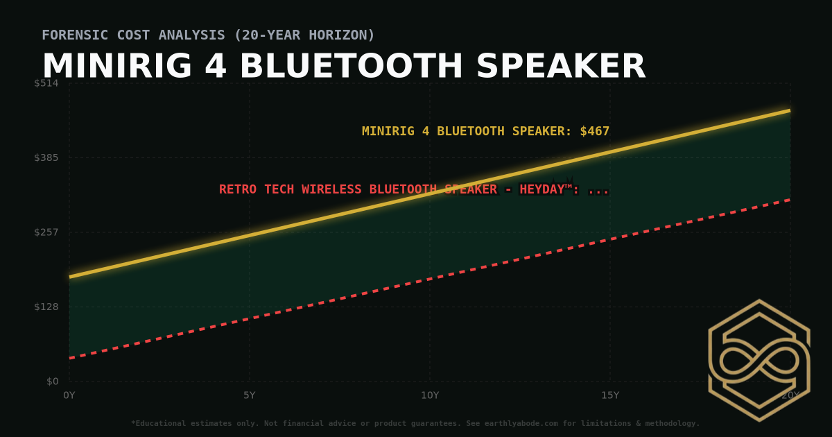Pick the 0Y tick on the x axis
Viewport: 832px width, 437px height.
(x=69, y=395)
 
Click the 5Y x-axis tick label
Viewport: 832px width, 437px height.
(x=250, y=395)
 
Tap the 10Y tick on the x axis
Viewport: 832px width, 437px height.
(x=430, y=395)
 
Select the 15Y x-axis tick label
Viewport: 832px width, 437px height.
(x=610, y=395)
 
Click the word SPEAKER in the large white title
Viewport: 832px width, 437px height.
(x=561, y=67)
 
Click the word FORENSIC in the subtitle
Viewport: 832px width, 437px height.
(x=75, y=35)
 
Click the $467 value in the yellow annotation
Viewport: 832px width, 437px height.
(x=595, y=131)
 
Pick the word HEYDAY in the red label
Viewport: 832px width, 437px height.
(x=542, y=189)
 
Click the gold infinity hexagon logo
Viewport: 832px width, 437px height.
(x=759, y=360)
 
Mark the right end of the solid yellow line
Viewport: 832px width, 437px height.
(x=790, y=110)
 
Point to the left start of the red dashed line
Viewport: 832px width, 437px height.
(x=69, y=358)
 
